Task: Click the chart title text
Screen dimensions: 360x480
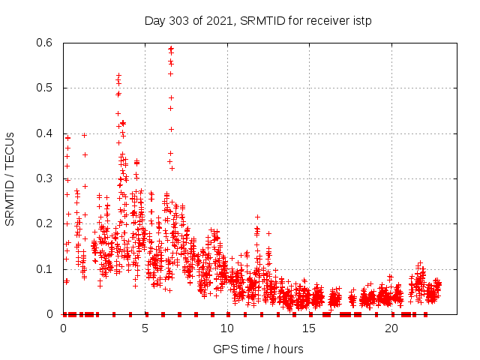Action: pyautogui.click(x=258, y=20)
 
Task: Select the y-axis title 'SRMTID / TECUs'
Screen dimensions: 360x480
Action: pyautogui.click(x=10, y=178)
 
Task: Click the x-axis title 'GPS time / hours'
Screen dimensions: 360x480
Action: pyautogui.click(x=258, y=349)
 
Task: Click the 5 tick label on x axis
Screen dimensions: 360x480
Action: pyautogui.click(x=145, y=328)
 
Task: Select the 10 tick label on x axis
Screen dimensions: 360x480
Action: pyautogui.click(x=227, y=328)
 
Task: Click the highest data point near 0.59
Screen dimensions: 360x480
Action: pyautogui.click(x=171, y=48)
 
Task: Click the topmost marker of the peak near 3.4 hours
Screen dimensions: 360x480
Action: pyautogui.click(x=118, y=75)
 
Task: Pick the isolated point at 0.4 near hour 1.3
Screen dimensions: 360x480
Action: pyautogui.click(x=84, y=135)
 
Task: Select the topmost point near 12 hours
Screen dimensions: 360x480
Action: pyautogui.click(x=257, y=217)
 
